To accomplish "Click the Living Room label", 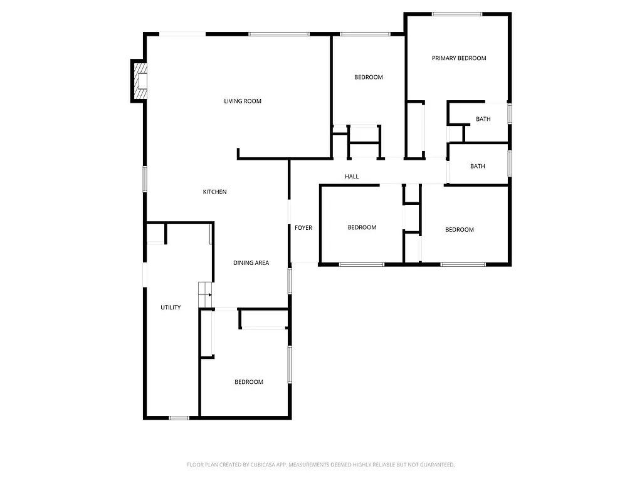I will click(x=243, y=101).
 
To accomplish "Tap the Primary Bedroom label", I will click(x=459, y=58).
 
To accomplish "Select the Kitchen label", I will click(x=214, y=192).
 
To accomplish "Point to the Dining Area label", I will click(x=251, y=263).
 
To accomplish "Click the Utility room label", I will click(x=171, y=308).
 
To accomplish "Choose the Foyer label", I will click(x=303, y=228).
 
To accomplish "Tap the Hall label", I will click(x=352, y=177).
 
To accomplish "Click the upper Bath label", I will click(x=483, y=119).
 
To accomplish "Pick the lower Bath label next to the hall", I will click(x=478, y=167).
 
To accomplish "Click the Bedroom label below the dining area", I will click(x=249, y=382).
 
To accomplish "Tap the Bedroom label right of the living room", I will click(x=368, y=77).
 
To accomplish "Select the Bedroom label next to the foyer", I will click(x=362, y=227).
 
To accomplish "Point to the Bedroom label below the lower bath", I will click(x=460, y=230).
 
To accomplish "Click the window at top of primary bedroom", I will click(x=456, y=14).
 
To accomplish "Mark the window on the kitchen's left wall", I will click(x=145, y=178).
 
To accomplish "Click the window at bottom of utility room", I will click(x=179, y=418).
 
